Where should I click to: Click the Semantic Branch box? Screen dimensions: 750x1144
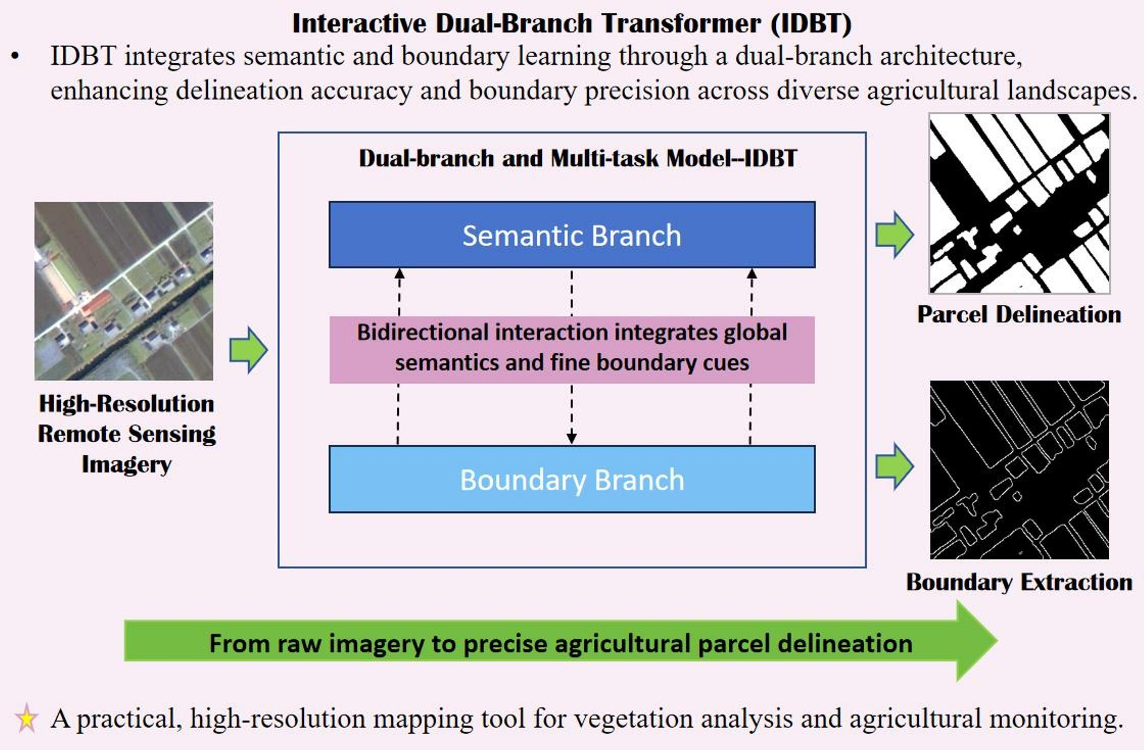(571, 235)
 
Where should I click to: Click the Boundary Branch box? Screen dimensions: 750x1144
(571, 479)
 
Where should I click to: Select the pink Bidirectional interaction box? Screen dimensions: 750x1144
(571, 349)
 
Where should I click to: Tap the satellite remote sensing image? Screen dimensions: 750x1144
(124, 291)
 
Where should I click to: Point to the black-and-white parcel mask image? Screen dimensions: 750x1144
(1019, 203)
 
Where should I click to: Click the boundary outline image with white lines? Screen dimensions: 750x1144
(1019, 470)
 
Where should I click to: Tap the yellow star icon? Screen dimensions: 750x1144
(26, 718)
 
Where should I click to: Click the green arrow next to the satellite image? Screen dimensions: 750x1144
(249, 350)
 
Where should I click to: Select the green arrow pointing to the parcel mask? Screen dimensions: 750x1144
(894, 235)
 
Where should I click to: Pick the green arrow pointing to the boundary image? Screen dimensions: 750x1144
(894, 466)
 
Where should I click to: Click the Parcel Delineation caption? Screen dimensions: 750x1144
(1019, 314)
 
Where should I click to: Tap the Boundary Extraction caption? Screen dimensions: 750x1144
(1019, 582)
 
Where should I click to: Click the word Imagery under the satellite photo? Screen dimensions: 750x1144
(126, 465)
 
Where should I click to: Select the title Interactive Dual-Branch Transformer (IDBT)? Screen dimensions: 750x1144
(571, 23)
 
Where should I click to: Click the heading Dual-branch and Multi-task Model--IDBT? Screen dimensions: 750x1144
(577, 158)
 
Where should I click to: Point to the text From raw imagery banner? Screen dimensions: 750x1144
(560, 643)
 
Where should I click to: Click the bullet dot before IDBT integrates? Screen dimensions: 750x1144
(15, 57)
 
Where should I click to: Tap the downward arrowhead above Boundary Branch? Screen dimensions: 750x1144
(571, 438)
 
